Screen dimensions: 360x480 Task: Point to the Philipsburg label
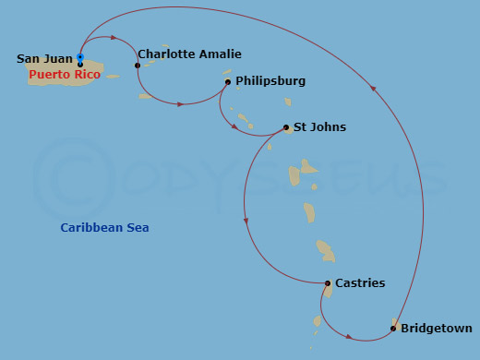point(270,81)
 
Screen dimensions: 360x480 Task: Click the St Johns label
point(319,126)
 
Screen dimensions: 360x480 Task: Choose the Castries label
point(360,282)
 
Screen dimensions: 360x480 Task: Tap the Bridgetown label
point(437,328)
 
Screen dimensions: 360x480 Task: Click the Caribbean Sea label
point(104,227)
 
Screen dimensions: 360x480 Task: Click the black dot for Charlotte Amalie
point(138,66)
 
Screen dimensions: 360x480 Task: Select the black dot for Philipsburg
point(228,82)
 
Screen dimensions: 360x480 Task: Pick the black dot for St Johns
point(283,127)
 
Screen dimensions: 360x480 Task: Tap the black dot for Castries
point(328,283)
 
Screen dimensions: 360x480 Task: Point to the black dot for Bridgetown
point(393,328)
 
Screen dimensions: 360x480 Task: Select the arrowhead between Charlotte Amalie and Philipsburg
point(180,103)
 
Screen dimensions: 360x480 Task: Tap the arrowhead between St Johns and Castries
point(245,220)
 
